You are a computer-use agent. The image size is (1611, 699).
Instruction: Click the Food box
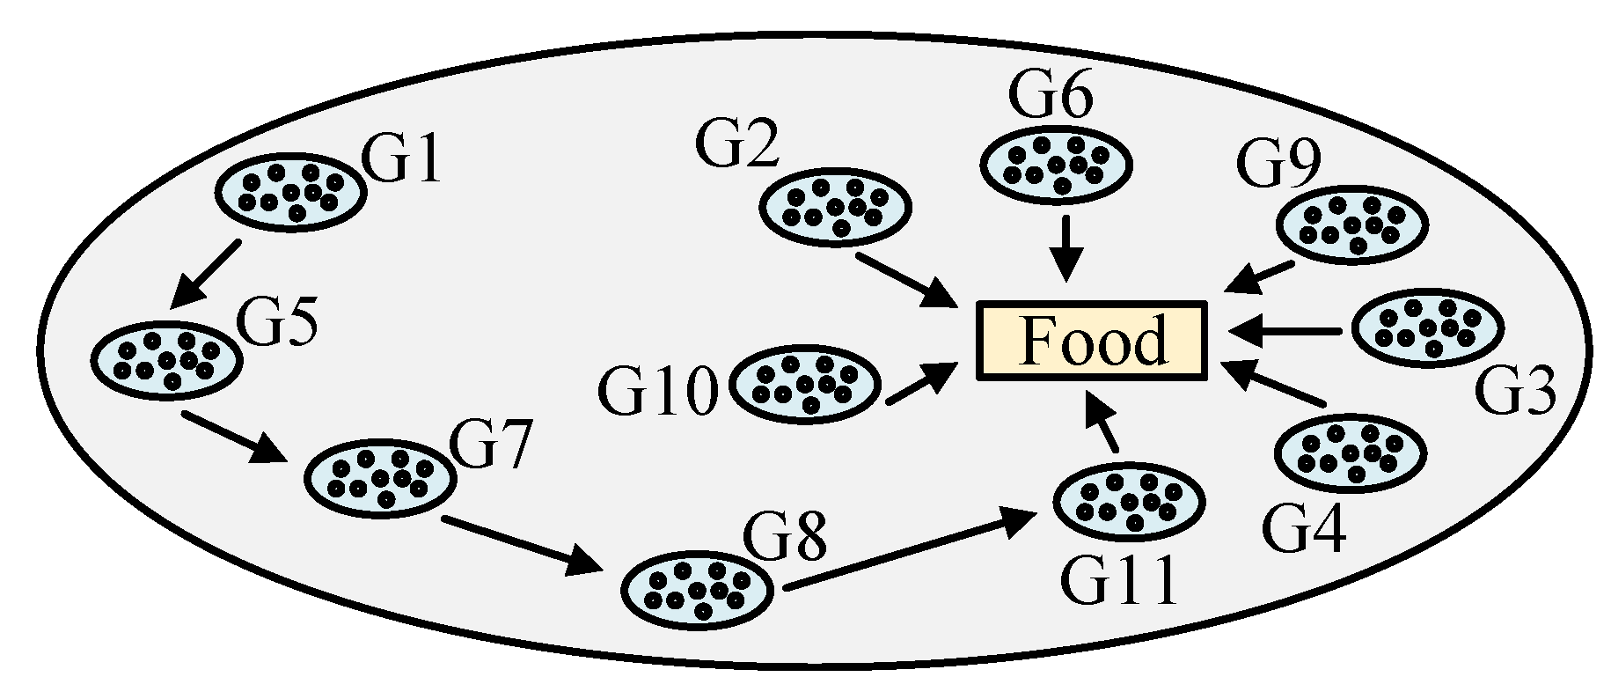1091,342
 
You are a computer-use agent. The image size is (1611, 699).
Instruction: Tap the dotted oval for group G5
166,357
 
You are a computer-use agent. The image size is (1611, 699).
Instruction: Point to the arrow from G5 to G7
234,436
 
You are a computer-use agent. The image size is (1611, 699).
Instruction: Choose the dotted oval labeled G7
380,475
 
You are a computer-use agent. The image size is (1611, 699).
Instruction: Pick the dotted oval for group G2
834,207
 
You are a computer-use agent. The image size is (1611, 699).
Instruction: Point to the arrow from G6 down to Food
1066,247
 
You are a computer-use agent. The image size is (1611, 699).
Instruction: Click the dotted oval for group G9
1351,224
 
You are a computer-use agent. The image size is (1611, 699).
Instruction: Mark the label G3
1514,392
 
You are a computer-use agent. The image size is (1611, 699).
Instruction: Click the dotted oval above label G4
1350,453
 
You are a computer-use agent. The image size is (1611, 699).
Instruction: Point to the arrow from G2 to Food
907,281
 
